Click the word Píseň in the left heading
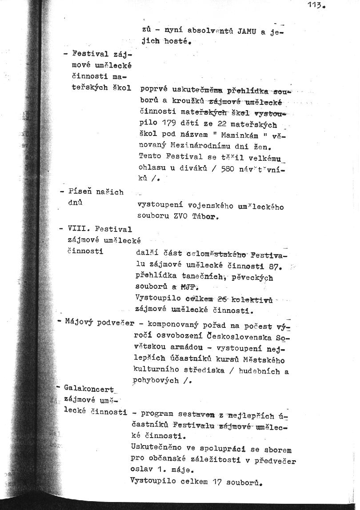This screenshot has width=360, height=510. click(80, 192)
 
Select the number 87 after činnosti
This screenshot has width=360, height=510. click(278, 267)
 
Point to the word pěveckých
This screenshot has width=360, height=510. click(254, 278)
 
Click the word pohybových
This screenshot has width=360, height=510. click(156, 381)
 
